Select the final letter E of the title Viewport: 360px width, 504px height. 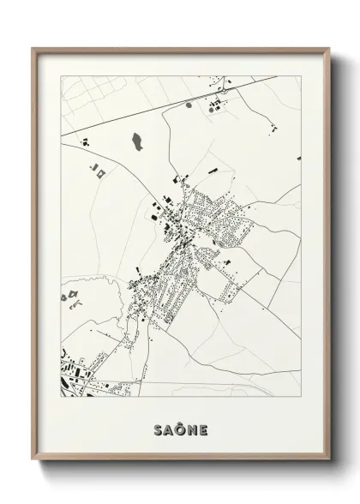click(202, 425)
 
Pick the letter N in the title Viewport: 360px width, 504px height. click(192, 425)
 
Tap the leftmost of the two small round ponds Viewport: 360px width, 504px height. click(189, 104)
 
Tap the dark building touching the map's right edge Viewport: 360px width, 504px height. click(298, 158)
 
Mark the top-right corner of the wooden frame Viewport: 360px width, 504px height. click(328, 48)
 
